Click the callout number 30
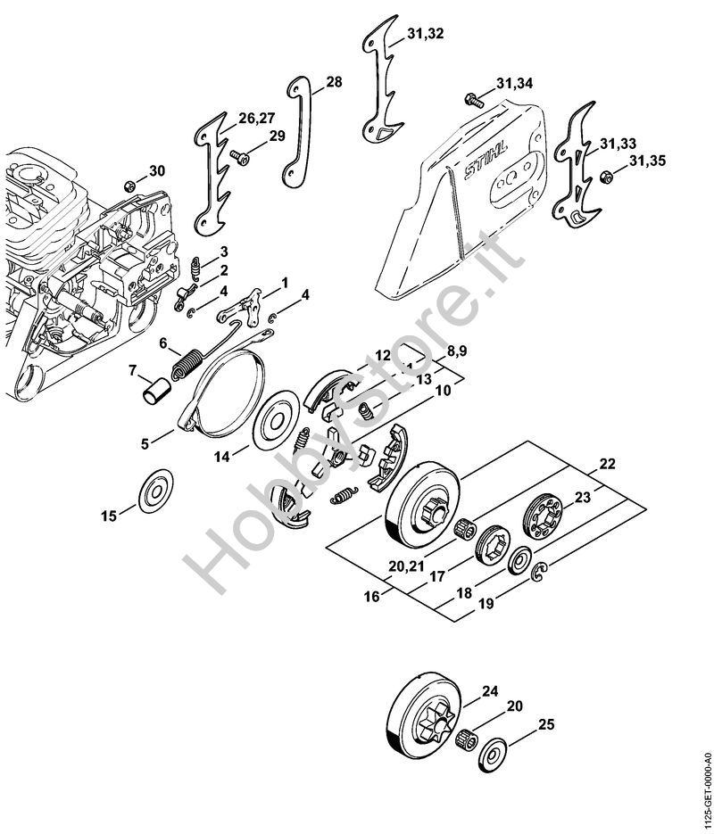tap(156, 170)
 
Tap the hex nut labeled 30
tap(129, 186)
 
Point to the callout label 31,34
tap(514, 83)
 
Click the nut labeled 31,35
tap(605, 177)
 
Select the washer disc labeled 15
tap(156, 492)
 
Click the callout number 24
tap(489, 691)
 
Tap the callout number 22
tap(607, 464)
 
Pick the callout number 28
tap(334, 82)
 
